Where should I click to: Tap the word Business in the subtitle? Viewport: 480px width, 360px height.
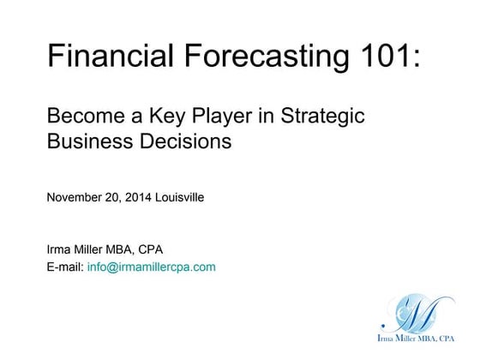pos(87,141)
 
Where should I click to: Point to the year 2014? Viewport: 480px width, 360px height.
pos(139,197)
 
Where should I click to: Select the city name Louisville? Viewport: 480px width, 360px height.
pos(180,197)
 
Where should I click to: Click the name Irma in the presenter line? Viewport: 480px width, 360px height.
pos(60,250)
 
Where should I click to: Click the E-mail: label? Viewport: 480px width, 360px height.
pos(65,267)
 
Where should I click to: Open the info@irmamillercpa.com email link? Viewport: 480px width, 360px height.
pos(152,267)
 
